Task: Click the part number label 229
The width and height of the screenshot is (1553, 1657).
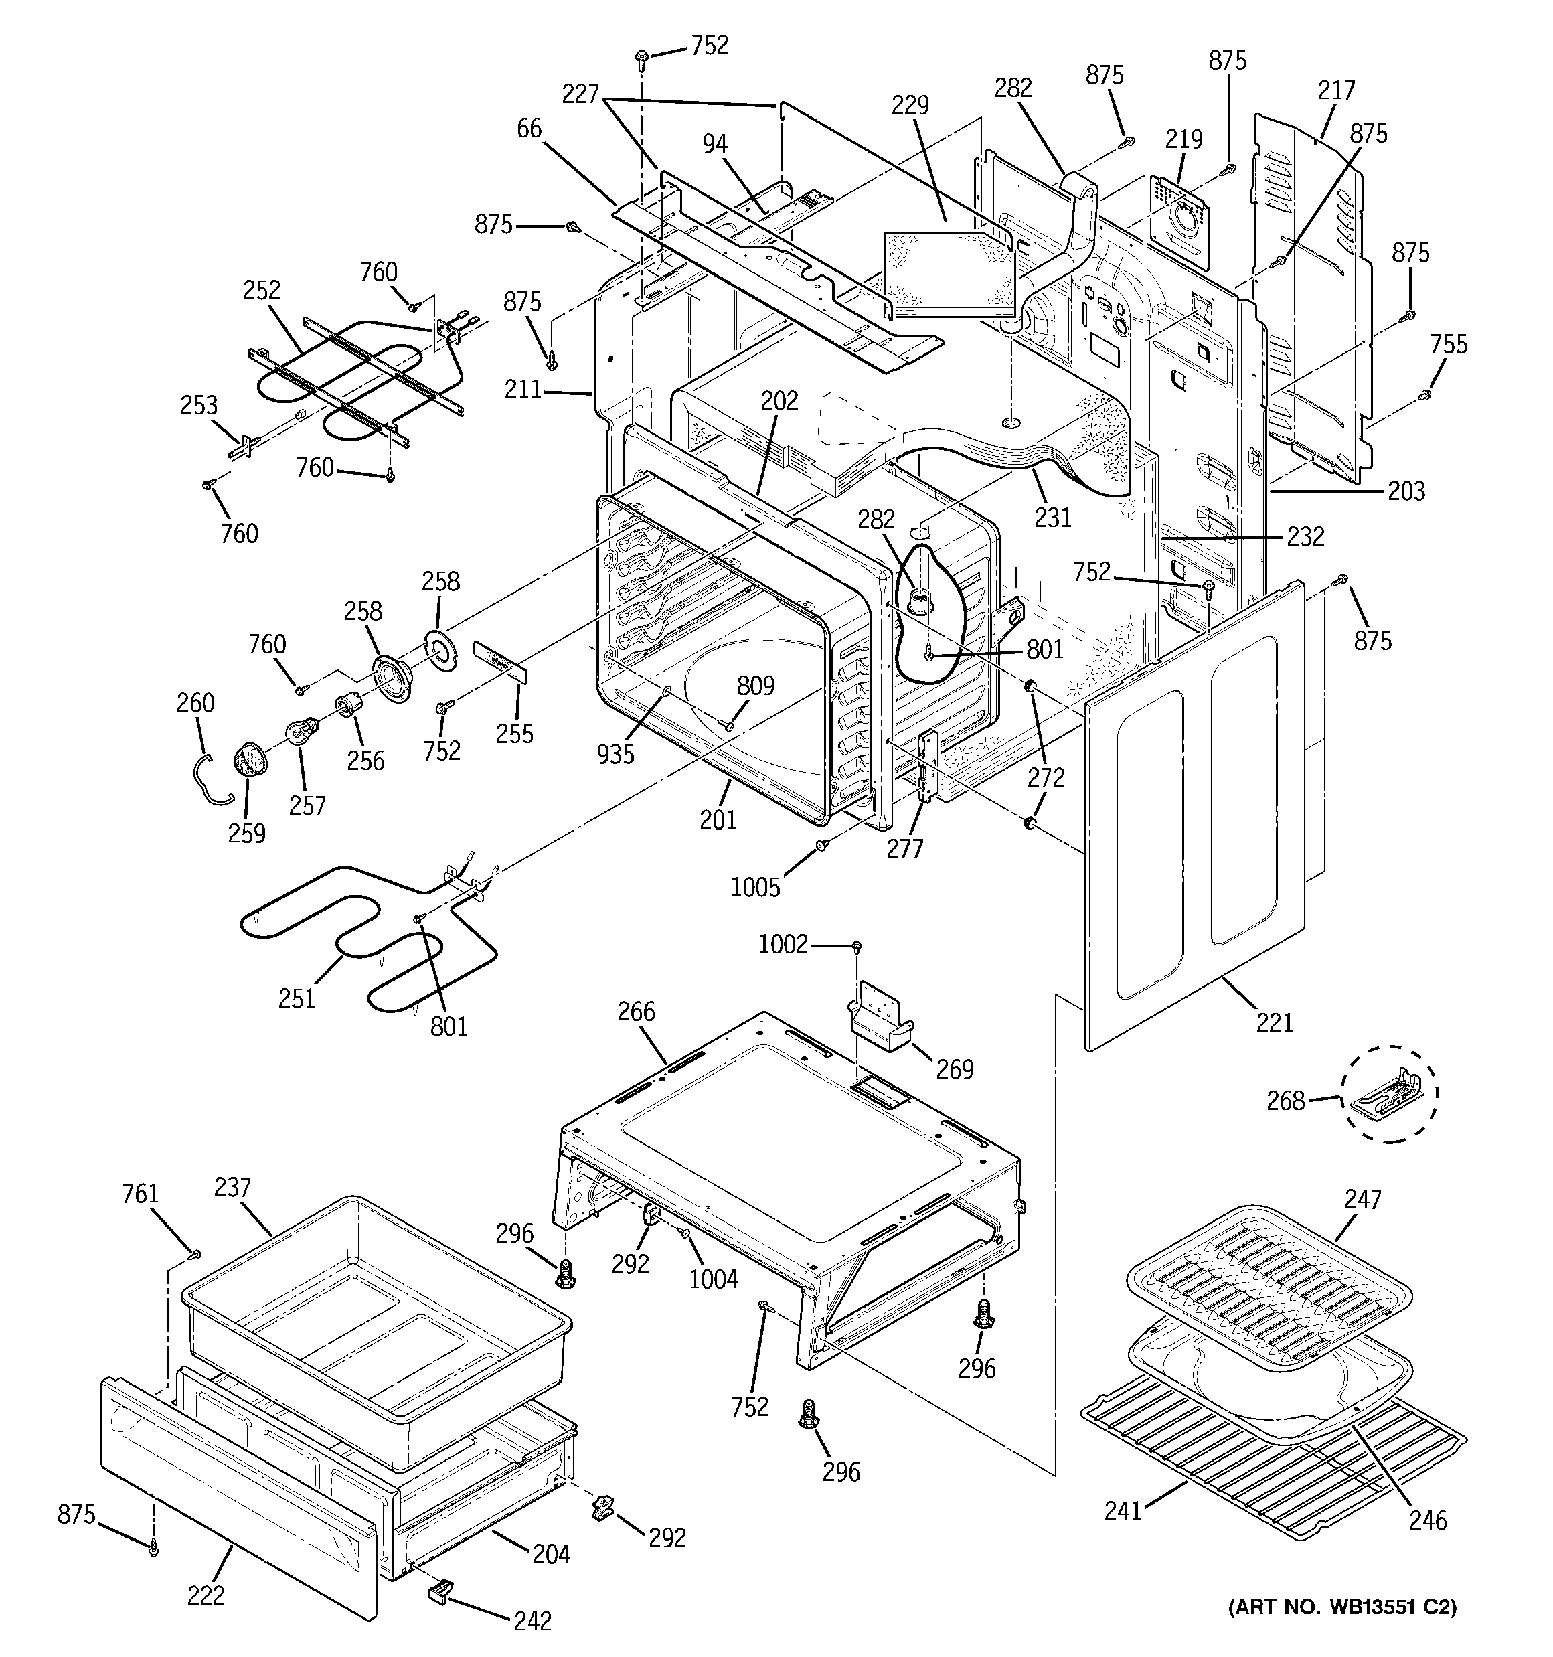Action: (x=910, y=106)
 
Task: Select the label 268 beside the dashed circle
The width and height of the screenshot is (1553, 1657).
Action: (x=1285, y=1101)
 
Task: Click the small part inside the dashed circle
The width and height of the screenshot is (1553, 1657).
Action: (x=1387, y=1095)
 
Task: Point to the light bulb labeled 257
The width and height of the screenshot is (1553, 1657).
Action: (x=299, y=732)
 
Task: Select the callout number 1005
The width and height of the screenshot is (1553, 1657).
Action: (x=755, y=888)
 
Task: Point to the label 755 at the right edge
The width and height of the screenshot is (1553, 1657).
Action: (x=1448, y=344)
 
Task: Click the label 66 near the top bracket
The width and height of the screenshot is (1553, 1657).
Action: (x=529, y=129)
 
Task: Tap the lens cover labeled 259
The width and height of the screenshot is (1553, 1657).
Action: (x=249, y=760)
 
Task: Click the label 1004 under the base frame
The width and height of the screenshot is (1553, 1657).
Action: (x=714, y=1279)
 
